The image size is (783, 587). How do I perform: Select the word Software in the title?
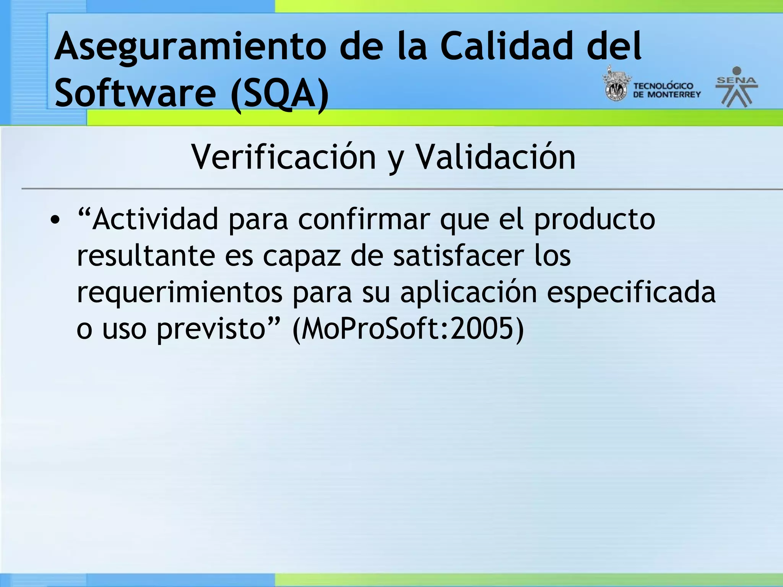(x=135, y=93)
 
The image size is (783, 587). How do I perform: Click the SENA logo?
(x=736, y=87)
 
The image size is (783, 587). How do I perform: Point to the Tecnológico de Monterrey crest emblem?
(x=616, y=84)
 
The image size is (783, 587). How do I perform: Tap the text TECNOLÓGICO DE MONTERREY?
(x=666, y=90)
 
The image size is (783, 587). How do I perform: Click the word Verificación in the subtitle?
(x=283, y=157)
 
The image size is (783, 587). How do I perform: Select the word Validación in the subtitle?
(x=495, y=157)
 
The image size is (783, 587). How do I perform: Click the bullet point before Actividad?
(x=55, y=221)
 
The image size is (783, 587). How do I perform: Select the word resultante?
(x=146, y=256)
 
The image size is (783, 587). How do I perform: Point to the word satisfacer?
(x=458, y=256)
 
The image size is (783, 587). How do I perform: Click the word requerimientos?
(x=179, y=293)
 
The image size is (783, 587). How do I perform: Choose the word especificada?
(x=631, y=293)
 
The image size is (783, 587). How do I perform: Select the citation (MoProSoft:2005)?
(x=408, y=329)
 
